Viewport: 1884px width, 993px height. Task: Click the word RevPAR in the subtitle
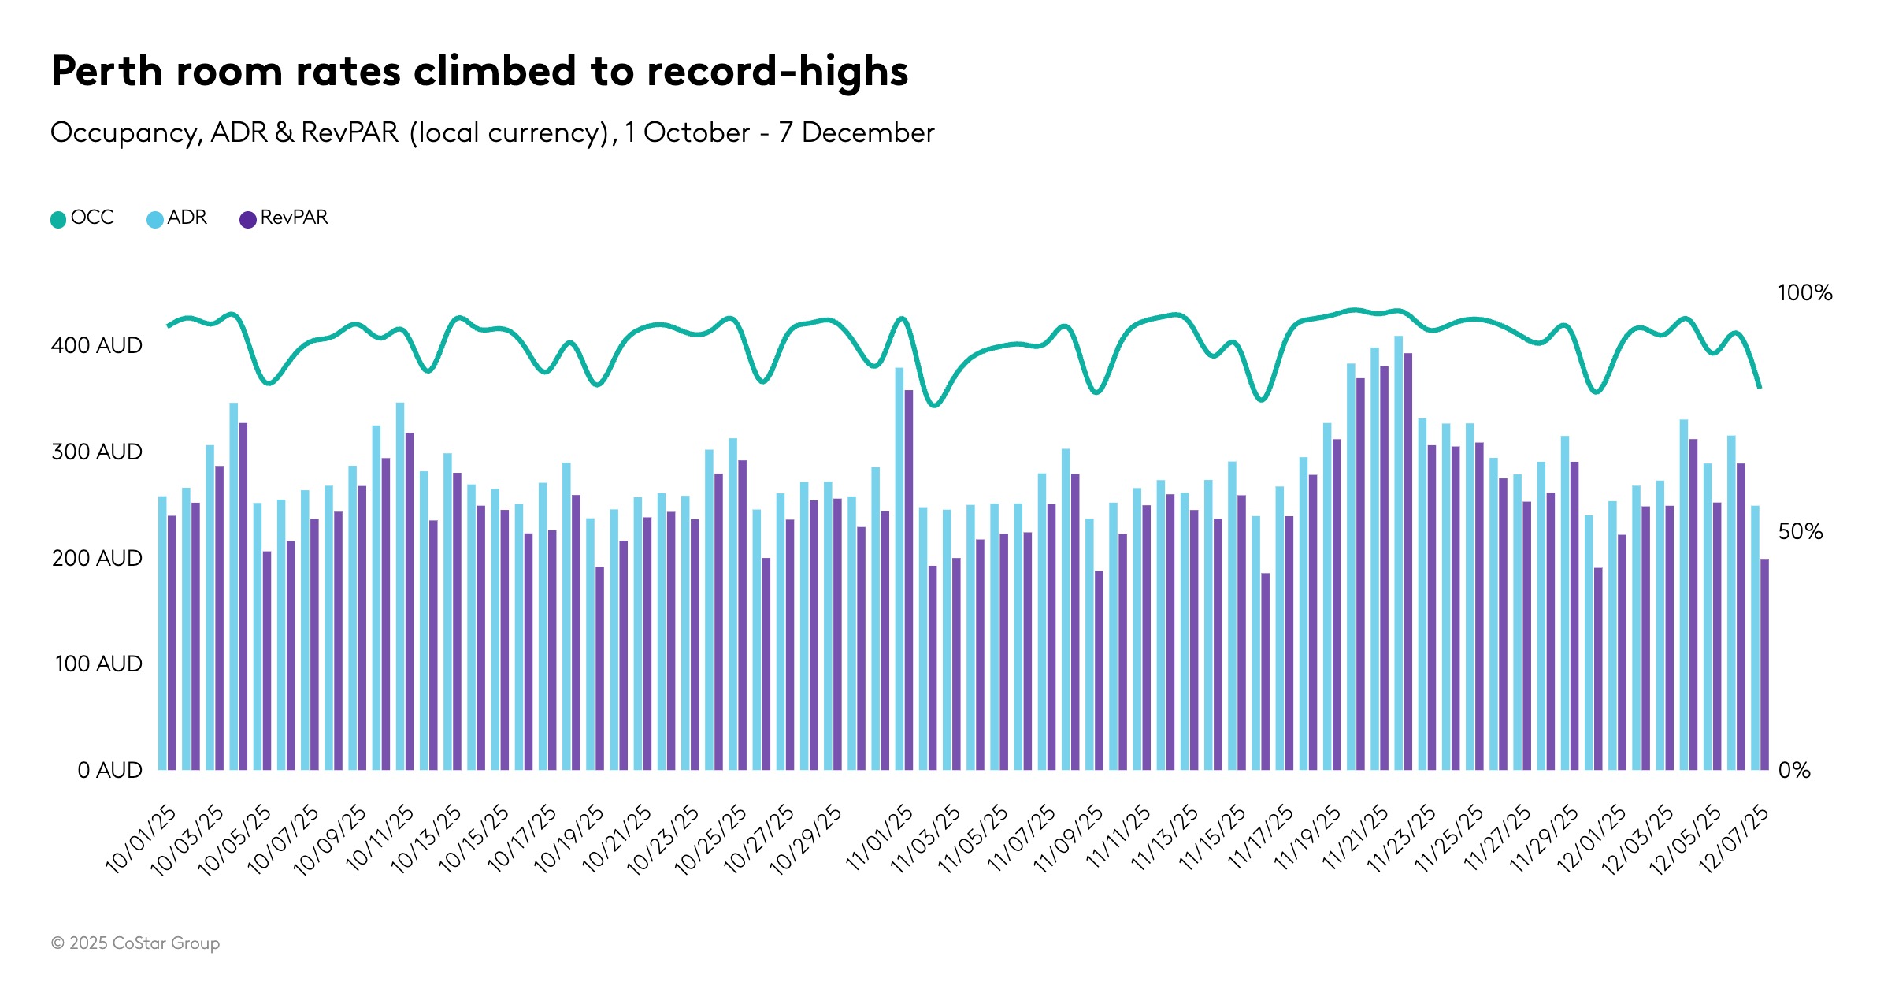350,132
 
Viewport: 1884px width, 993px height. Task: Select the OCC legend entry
83,218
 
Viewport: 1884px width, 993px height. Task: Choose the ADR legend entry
177,218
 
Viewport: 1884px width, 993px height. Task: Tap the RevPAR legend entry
284,218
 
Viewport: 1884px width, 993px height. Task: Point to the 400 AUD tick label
96,345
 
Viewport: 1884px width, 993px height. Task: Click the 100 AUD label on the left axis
98,664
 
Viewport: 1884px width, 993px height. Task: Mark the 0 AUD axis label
109,770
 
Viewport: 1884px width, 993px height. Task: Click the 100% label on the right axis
1804,293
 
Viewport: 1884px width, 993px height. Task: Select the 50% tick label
1800,532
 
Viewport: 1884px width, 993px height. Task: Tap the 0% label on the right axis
1793,770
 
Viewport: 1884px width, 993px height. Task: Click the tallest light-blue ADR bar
1398,552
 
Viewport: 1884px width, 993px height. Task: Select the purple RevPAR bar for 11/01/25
908,579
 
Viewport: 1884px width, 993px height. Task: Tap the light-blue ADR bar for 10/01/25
162,630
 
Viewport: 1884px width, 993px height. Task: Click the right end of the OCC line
1759,386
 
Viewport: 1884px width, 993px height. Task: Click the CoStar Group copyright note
135,943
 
